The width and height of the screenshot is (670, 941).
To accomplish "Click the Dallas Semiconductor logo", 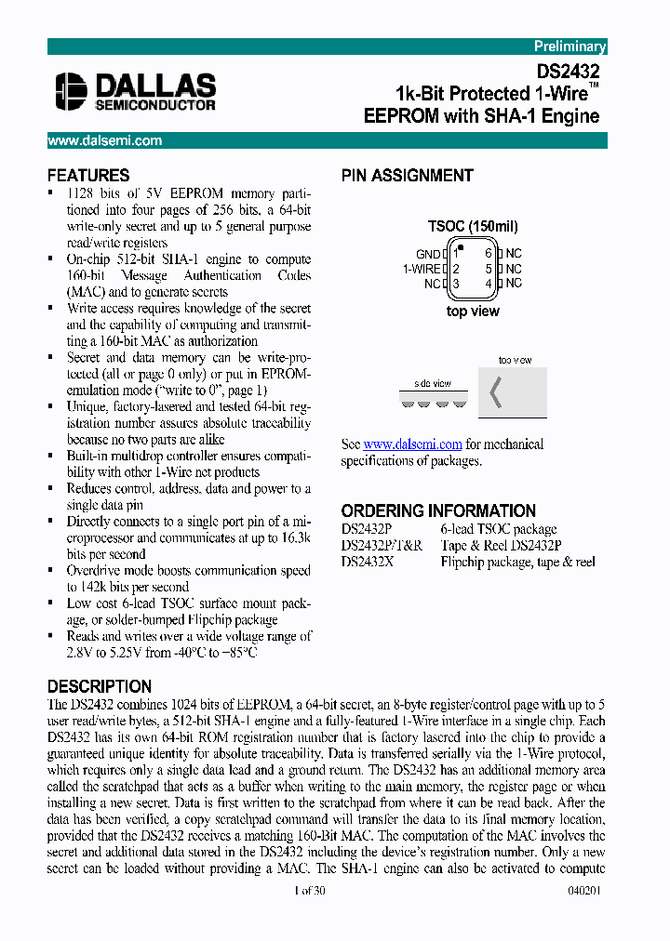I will coord(136,91).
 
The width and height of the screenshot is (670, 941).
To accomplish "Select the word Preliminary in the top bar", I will coord(569,46).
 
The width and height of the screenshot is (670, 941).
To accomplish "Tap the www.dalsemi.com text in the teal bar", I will coord(104,140).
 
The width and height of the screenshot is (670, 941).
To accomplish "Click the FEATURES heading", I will coord(88,176).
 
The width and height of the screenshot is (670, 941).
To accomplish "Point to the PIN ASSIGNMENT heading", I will coord(407,176).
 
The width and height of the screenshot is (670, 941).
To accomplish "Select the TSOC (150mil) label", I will coord(473,226).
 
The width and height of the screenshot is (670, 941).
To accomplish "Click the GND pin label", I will coord(428,254).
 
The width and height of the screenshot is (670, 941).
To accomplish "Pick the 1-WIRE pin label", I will coord(422,269).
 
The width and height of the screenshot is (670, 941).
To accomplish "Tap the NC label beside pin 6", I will coord(514,253).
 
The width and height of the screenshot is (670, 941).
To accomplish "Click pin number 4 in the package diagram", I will coord(489,284).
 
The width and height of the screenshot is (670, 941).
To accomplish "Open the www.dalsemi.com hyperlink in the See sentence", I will coord(412,444).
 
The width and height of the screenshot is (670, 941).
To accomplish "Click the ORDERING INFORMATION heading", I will coord(438,510).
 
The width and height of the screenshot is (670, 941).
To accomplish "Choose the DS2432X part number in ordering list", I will coord(369,562).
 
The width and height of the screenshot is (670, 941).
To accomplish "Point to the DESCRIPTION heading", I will coord(99,686).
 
